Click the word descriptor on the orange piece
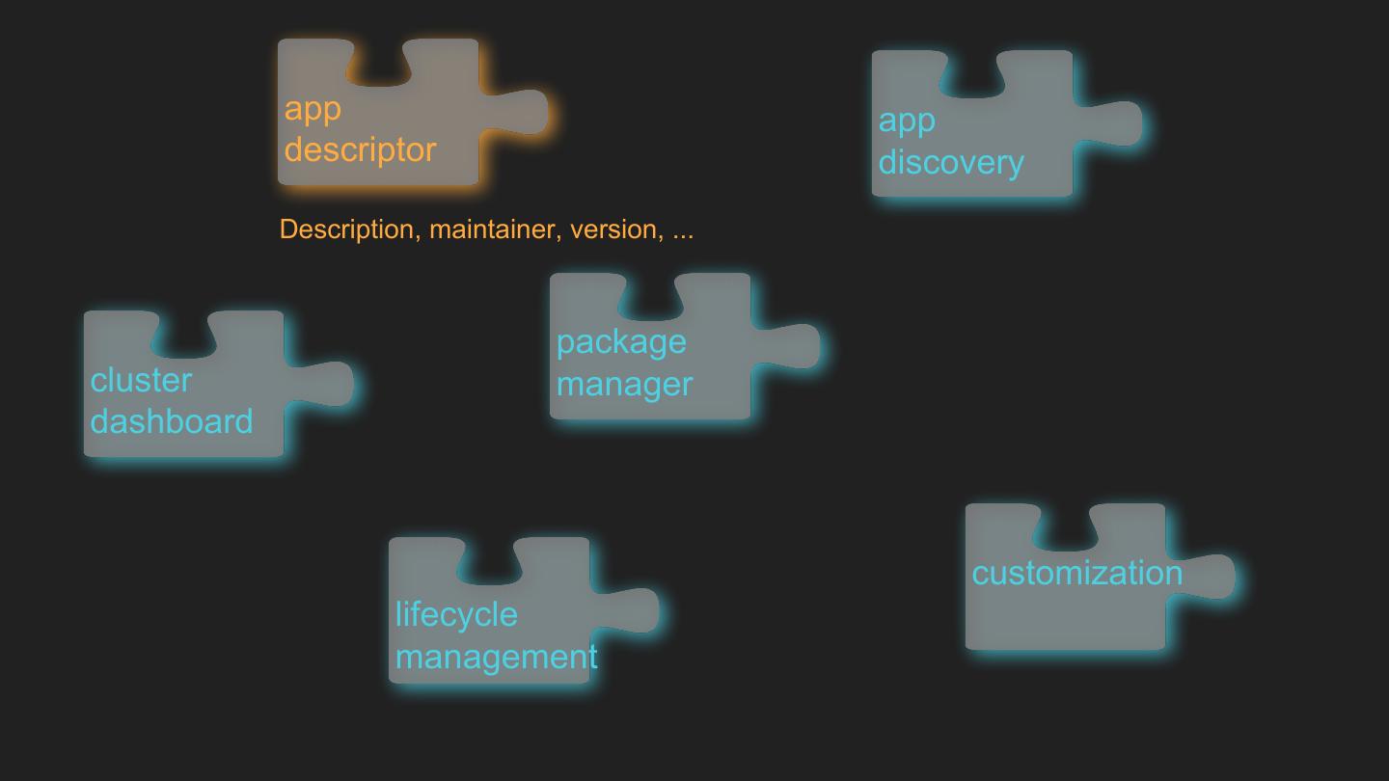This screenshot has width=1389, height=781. pos(360,150)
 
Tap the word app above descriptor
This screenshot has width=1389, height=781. pos(313,109)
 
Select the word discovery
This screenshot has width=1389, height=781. pos(951,162)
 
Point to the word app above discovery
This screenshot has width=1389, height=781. pos(907,121)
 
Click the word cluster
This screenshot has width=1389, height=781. pos(141,380)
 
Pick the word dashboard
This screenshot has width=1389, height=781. pos(172,421)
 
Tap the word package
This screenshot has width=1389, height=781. pos(621,341)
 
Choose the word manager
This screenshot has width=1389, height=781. pos(624,384)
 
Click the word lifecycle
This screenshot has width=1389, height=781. pos(456,614)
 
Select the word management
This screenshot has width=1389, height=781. pos(496,657)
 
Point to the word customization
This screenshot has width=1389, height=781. pos(1076,573)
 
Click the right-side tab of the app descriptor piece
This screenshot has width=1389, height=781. pos(521,112)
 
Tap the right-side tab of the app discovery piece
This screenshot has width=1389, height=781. pos(1115,123)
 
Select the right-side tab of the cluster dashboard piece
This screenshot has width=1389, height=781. pos(326,384)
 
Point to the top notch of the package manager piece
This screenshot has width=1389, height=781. pos(650,294)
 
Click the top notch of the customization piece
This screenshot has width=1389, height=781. pos(1066,525)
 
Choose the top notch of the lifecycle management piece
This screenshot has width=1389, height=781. pos(489,558)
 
